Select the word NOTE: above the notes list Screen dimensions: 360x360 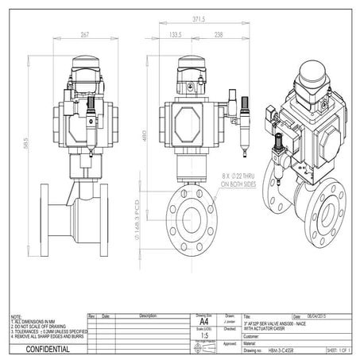(x=11, y=315)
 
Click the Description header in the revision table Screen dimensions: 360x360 (x=148, y=315)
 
